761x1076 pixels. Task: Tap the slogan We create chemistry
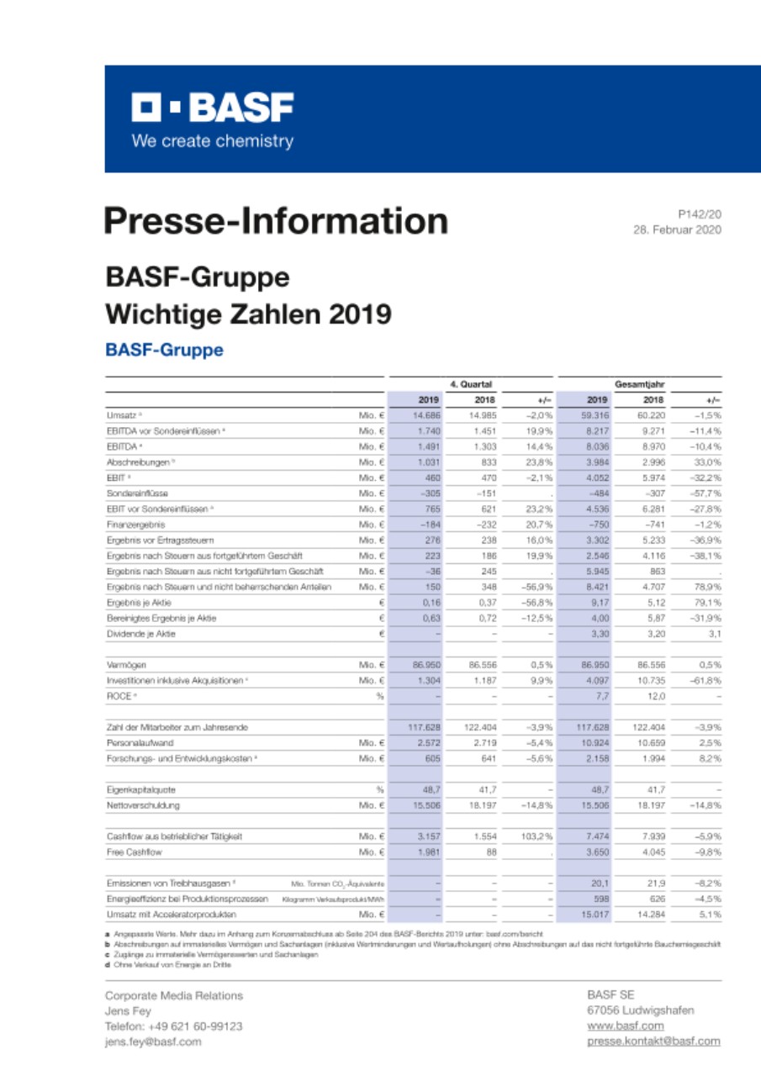tap(212, 141)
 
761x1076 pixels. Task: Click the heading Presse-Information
tap(276, 221)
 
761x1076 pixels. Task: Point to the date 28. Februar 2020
tap(677, 229)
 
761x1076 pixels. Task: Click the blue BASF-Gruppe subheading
tap(164, 349)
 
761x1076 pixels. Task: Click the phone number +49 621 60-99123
tap(173, 1026)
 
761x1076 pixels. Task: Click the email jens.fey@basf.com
tap(153, 1042)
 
